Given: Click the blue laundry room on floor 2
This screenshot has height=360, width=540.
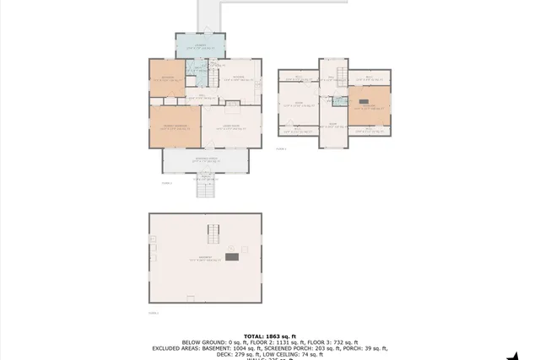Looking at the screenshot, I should click(x=200, y=46).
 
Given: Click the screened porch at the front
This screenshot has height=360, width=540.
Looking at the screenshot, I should click(x=206, y=160).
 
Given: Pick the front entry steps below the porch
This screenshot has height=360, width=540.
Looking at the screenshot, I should click(x=207, y=189).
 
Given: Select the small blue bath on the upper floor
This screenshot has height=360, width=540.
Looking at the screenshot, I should click(x=339, y=102).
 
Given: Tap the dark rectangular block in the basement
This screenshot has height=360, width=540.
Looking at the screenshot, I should click(x=231, y=256).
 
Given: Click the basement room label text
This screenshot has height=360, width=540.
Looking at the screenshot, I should click(x=205, y=258).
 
